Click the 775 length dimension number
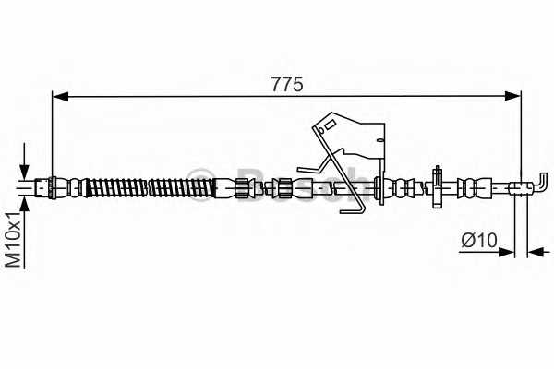coord(287,84)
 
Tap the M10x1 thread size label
coord(14,240)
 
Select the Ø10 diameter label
coord(479,240)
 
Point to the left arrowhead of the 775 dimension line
coord(60,96)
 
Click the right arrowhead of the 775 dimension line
coord(512,96)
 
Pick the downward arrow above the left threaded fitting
coord(24,161)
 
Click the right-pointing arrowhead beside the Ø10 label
coord(506,252)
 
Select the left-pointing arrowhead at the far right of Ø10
coord(536,252)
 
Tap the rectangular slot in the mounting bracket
coord(330,125)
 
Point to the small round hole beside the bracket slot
coord(320,131)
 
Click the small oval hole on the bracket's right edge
coord(380,140)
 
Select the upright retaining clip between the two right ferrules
coord(437,186)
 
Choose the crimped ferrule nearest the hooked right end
coord(475,187)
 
